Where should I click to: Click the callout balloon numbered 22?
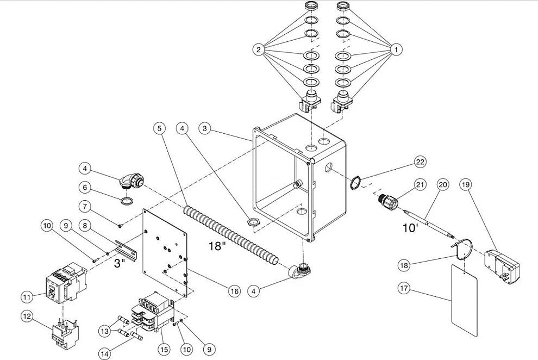(420, 162)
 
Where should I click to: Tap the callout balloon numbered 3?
(205, 128)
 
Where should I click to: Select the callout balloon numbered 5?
(160, 128)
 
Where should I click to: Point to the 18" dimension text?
(217, 246)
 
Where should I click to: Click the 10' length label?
(410, 228)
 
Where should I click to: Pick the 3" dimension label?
(119, 264)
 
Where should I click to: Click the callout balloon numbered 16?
(235, 291)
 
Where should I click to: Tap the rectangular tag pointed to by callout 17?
(464, 300)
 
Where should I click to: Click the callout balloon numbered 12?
(27, 316)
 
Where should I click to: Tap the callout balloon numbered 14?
(105, 353)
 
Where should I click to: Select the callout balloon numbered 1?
(396, 49)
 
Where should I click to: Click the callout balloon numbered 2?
(258, 49)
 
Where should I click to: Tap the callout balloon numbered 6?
(85, 188)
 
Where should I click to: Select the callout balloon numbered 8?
(85, 226)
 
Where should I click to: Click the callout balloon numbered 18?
(404, 265)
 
